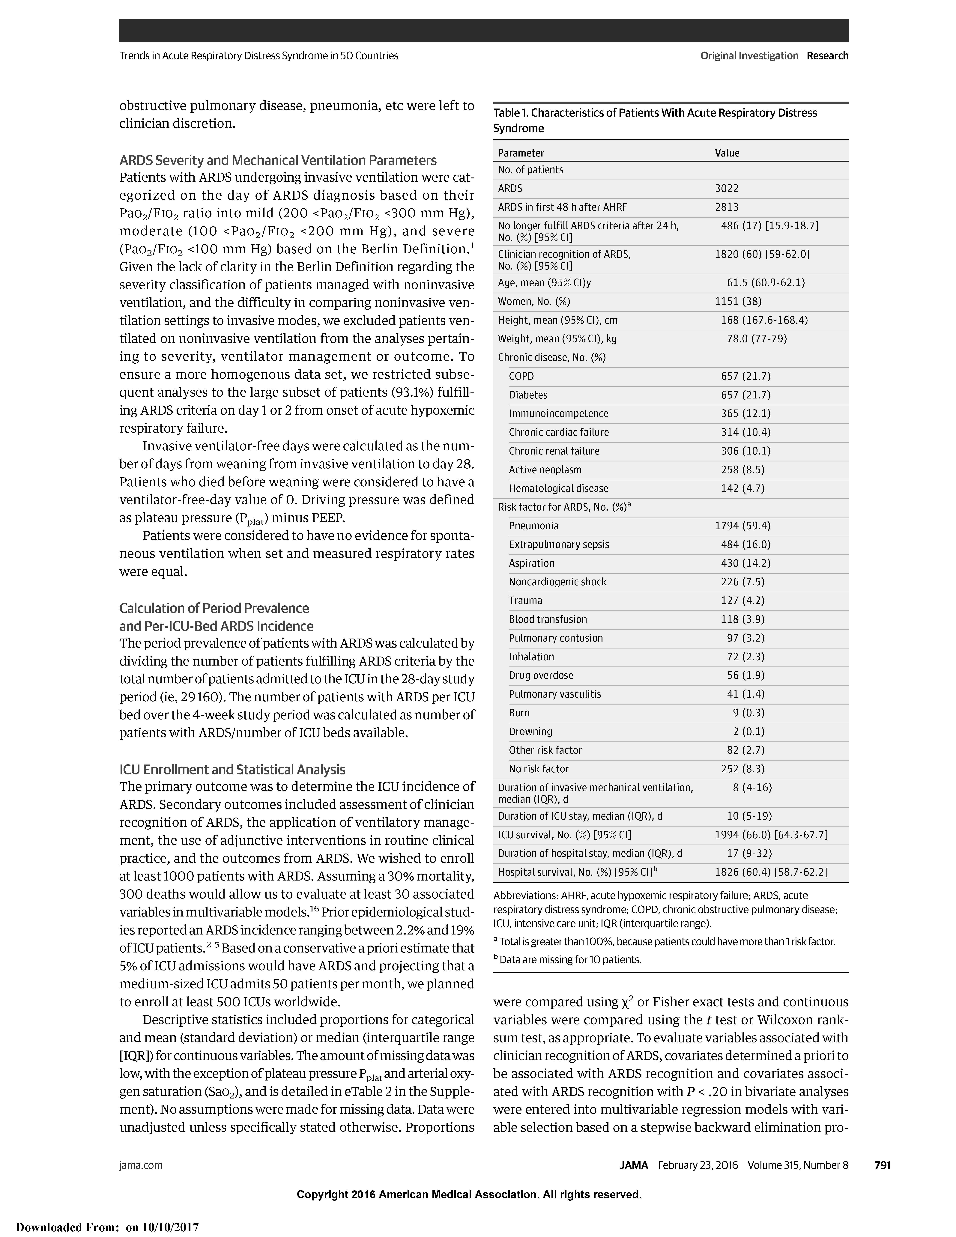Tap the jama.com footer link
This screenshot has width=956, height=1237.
tap(140, 1165)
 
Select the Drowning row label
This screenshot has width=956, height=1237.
tap(530, 731)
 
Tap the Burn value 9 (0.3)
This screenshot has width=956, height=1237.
tap(749, 713)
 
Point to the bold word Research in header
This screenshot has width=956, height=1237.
tap(827, 55)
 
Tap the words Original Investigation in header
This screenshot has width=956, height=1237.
tap(749, 55)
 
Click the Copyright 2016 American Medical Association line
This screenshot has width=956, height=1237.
tap(469, 1194)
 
